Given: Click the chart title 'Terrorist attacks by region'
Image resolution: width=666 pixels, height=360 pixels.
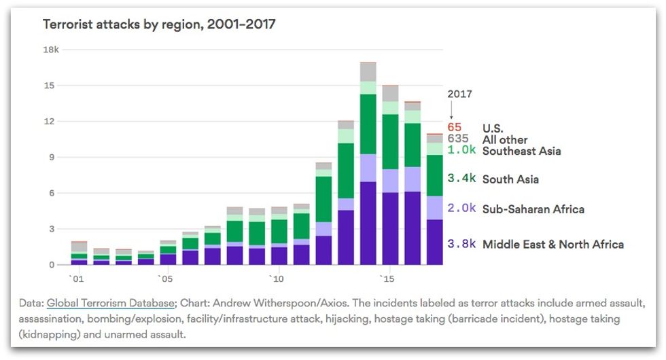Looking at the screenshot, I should click(159, 25).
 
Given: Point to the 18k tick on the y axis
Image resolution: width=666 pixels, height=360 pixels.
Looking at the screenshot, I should click(52, 50).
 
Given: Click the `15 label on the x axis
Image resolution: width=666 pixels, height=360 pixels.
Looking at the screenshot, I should click(386, 278).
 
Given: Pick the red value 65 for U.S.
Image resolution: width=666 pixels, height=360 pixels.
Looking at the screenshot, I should click(454, 128).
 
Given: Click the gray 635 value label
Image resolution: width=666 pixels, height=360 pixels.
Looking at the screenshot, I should click(457, 139).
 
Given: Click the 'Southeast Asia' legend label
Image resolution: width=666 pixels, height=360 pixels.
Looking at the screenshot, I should click(521, 151).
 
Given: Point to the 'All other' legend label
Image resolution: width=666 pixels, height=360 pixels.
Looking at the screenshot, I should click(505, 140).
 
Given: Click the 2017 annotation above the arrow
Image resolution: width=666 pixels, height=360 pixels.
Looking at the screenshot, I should click(459, 94).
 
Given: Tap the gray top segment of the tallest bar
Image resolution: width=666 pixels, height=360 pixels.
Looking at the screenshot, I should click(368, 71).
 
